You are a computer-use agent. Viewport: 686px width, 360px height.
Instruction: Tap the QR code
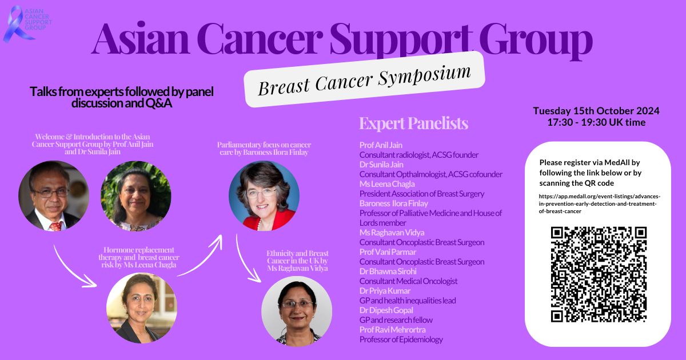coord(599,274)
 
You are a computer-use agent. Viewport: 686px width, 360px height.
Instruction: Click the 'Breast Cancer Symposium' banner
coord(364,79)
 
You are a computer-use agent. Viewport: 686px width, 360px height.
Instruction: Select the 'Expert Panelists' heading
coord(414,123)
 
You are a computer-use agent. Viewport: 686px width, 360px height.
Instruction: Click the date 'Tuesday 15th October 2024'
coord(596,111)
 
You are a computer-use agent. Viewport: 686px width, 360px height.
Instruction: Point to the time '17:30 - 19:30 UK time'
coord(596,122)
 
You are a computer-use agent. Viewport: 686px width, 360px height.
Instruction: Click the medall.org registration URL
coord(599,203)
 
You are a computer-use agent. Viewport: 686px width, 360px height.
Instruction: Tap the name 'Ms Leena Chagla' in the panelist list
coord(387,184)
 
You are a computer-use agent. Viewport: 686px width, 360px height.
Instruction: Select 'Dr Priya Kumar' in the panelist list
coord(385,291)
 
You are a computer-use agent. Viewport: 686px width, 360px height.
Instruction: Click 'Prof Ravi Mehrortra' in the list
coord(393,330)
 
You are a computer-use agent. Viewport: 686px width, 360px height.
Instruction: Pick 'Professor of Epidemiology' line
coord(401,339)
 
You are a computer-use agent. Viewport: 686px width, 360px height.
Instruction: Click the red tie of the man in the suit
coord(56,226)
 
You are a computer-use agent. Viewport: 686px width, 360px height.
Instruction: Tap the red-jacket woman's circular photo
coord(264,196)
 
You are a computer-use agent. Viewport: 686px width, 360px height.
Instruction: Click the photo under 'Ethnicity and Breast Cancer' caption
coord(297,311)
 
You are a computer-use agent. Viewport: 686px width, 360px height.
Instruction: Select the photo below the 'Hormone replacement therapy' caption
coord(142,308)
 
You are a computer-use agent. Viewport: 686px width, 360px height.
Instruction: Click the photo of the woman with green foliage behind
coord(136,196)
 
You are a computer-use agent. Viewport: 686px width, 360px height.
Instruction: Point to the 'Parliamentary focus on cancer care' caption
coord(264,149)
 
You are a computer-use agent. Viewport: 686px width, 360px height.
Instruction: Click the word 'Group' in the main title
coord(536,41)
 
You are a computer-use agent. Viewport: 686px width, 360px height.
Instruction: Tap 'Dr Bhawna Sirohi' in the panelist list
coord(388,271)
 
